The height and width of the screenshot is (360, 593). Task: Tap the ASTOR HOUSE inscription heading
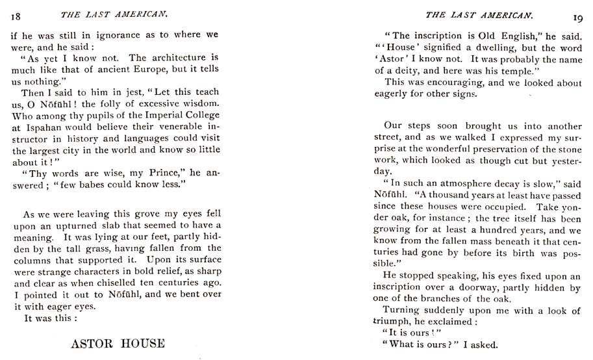click(x=118, y=343)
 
